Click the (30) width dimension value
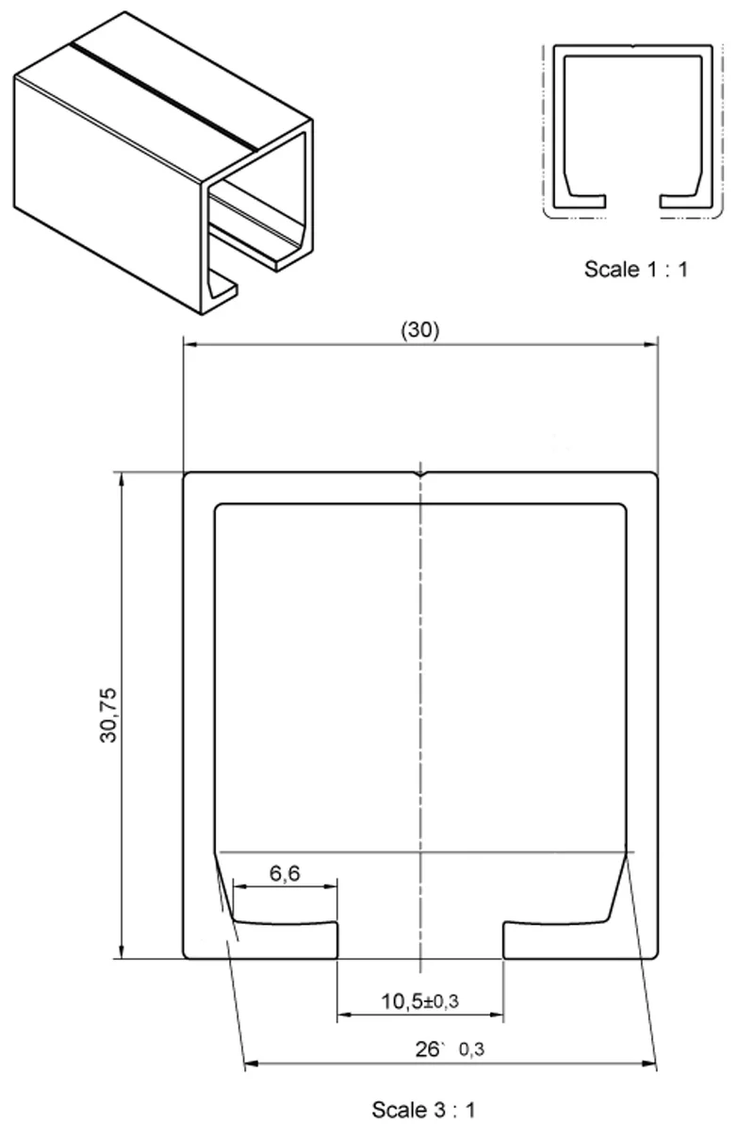pos(420,330)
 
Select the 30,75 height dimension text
pos(108,716)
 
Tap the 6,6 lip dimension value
pos(285,873)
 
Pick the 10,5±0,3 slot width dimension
pos(420,1001)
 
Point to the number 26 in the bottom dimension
pos(427,1049)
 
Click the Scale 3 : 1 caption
pos(423,1110)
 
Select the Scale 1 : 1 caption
pos(635,270)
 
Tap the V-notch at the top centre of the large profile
pos(420,474)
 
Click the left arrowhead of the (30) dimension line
pos(190,345)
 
